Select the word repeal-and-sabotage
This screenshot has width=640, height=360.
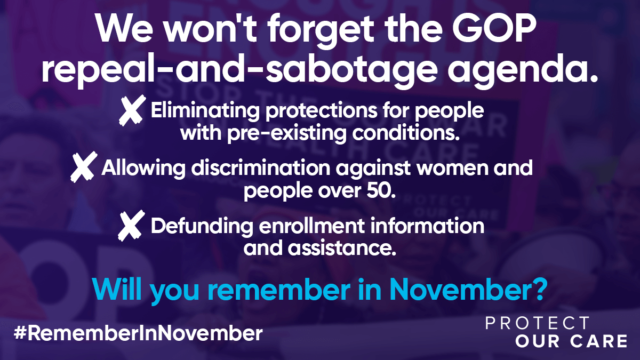click(x=239, y=70)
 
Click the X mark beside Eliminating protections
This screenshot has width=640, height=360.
click(x=132, y=110)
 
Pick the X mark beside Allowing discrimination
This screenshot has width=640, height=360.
click(x=84, y=167)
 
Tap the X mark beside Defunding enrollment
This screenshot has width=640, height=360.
click(x=131, y=226)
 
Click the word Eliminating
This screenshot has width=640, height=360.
click(x=205, y=110)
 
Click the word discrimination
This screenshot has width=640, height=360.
click(x=261, y=167)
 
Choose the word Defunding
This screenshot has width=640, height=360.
click(x=202, y=226)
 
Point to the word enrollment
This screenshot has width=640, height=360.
click(x=312, y=226)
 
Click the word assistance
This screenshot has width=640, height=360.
click(x=342, y=248)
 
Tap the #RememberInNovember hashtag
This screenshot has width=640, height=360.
click(x=138, y=333)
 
